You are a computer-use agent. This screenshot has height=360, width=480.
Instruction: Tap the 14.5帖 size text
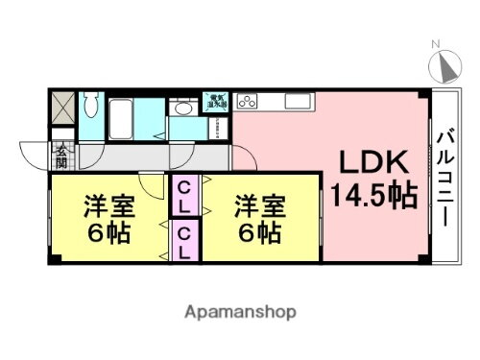point(374,196)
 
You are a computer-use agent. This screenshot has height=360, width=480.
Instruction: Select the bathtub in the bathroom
point(122,119)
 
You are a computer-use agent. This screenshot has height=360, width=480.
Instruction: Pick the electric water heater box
point(213,102)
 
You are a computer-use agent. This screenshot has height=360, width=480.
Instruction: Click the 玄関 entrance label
point(61,156)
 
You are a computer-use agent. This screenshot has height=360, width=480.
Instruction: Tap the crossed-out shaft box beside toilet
point(61,107)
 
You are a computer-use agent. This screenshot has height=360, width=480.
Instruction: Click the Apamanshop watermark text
point(239,312)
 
